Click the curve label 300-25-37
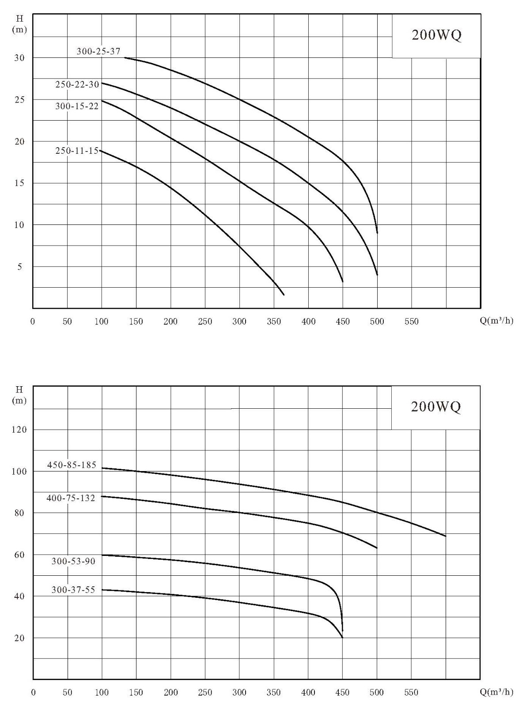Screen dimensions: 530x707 (x=98, y=51)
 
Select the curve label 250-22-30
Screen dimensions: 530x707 (x=77, y=84)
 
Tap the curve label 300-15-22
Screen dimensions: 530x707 (x=77, y=106)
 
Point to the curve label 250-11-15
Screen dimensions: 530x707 (x=77, y=150)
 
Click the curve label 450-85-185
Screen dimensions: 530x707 (x=72, y=465)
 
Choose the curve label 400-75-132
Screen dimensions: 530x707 (x=71, y=498)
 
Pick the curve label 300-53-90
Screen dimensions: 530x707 (x=73, y=561)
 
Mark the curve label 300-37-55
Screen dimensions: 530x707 (x=73, y=590)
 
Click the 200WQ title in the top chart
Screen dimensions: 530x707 (x=437, y=35)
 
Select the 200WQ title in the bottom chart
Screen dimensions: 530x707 (x=436, y=407)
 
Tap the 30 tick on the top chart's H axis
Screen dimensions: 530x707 (x=19, y=58)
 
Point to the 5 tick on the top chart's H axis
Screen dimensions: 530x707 (x=20, y=267)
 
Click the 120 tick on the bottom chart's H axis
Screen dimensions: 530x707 (x=19, y=430)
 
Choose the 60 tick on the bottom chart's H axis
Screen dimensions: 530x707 (x=19, y=555)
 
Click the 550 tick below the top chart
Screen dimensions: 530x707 (x=412, y=321)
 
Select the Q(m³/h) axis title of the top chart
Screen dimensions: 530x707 (x=496, y=321)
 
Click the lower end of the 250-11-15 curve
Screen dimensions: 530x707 (x=284, y=295)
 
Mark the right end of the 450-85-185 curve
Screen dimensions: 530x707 (x=446, y=536)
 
